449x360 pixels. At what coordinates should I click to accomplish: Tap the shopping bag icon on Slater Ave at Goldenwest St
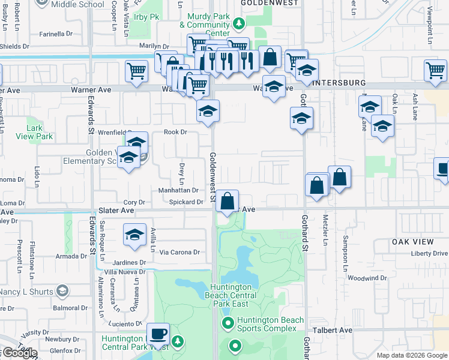coord(228,201)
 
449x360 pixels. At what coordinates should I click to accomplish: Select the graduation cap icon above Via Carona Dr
coord(135,235)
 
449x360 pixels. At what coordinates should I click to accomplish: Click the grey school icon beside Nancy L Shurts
coord(61,292)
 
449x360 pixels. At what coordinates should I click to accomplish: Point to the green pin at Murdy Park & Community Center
coord(239,24)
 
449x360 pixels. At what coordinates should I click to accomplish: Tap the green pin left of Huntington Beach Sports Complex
coord(228,325)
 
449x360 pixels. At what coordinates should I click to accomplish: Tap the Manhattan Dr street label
coord(178,190)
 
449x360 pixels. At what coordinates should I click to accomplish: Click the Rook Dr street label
coord(176,132)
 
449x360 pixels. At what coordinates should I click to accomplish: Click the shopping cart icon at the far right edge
coord(435,70)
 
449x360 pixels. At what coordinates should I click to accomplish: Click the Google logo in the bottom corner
coord(19,353)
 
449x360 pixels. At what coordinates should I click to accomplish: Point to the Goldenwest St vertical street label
coord(212,176)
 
